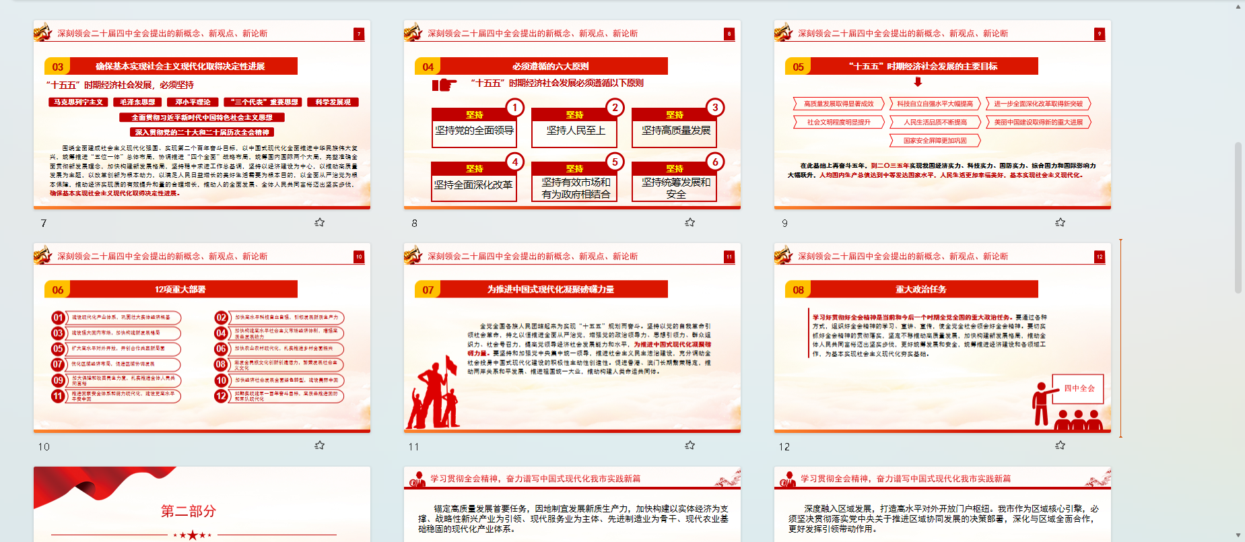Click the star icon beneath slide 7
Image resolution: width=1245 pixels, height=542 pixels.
click(319, 222)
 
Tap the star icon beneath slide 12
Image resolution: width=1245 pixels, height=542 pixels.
click(1060, 445)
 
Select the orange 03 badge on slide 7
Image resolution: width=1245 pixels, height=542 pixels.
click(58, 67)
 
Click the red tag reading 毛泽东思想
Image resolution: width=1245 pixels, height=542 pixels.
click(137, 102)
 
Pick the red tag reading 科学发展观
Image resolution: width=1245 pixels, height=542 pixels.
click(333, 102)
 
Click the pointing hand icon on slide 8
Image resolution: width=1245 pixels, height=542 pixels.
click(444, 84)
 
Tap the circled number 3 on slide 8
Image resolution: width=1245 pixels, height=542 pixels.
click(715, 108)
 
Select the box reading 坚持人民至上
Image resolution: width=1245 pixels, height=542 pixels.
click(575, 131)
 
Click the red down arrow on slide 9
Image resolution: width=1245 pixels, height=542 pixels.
click(917, 82)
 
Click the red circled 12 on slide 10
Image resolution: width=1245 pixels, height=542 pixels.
click(221, 396)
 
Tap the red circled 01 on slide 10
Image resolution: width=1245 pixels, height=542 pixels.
click(58, 318)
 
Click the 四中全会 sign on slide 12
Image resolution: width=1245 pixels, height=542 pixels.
click(1078, 388)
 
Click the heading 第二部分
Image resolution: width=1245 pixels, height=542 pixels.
click(189, 511)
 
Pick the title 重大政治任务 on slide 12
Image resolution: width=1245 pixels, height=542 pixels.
click(920, 290)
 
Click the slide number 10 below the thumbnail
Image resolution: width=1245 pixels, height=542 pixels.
click(44, 446)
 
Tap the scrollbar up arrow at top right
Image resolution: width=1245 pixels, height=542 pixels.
click(1238, 7)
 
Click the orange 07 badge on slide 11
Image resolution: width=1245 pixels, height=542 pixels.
click(428, 290)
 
